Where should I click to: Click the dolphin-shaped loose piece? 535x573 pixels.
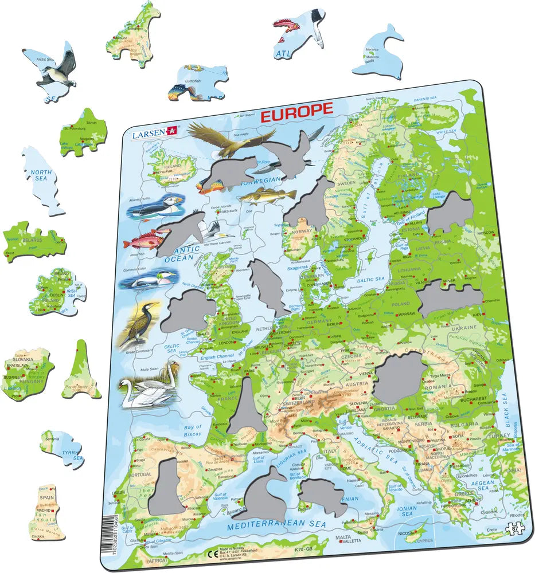(x=380, y=52)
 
